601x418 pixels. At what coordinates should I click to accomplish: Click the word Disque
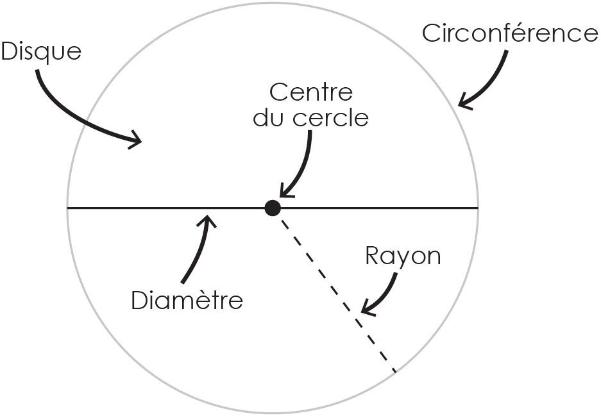click(42, 52)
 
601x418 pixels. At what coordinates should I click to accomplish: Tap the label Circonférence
click(510, 33)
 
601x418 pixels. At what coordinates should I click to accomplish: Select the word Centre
click(311, 93)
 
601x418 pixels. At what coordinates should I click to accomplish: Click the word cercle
click(330, 117)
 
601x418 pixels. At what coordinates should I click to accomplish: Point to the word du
click(270, 117)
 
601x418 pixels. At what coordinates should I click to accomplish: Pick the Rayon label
click(403, 256)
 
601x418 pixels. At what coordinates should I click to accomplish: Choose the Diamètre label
click(187, 300)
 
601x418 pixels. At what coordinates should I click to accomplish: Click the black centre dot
click(273, 208)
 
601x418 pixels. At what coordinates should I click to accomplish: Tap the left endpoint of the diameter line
click(67, 208)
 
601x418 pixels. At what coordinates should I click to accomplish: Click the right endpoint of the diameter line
click(478, 208)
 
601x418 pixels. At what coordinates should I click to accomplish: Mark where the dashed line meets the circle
click(396, 372)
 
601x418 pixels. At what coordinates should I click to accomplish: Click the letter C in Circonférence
click(431, 33)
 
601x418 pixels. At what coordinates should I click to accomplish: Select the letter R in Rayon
click(373, 255)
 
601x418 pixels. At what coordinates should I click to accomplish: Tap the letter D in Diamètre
click(140, 300)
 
